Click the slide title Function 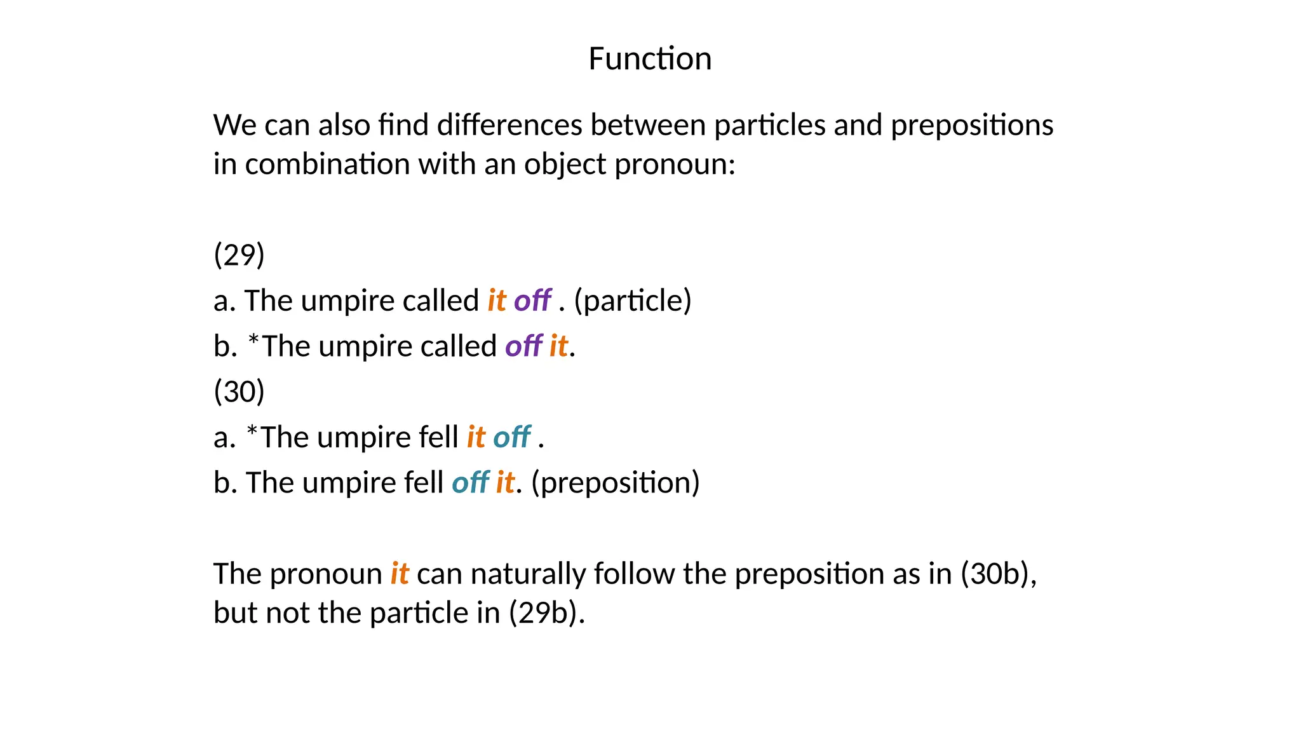[650, 58]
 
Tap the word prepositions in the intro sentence [972, 126]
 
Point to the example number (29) [239, 255]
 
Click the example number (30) [239, 391]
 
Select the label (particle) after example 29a [633, 301]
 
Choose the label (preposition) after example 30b [616, 483]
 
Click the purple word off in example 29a [532, 301]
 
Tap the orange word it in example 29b [558, 346]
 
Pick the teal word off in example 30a [512, 437]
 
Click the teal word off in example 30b [471, 483]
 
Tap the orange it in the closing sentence [400, 574]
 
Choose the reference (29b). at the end [546, 613]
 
